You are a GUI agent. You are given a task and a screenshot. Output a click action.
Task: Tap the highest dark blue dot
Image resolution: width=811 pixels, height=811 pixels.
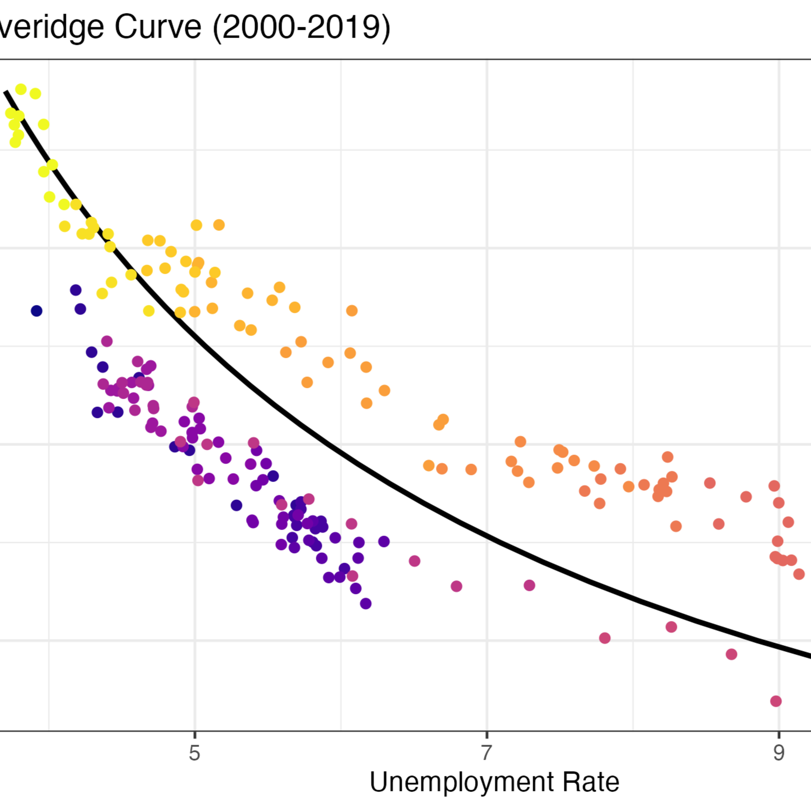coord(76,290)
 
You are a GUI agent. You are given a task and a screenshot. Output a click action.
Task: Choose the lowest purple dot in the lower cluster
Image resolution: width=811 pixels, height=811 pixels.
coord(365,604)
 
